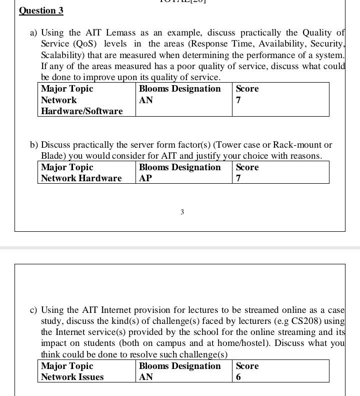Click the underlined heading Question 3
tap(41, 11)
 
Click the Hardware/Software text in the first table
tap(81, 111)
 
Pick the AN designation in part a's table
tap(146, 100)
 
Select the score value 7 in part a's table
tap(238, 100)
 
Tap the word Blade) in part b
tap(53, 156)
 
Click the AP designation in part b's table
tap(145, 178)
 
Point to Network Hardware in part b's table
tap(81, 178)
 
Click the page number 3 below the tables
tap(182, 212)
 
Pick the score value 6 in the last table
tap(238, 377)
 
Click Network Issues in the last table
tap(72, 377)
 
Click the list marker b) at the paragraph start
tap(34, 145)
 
